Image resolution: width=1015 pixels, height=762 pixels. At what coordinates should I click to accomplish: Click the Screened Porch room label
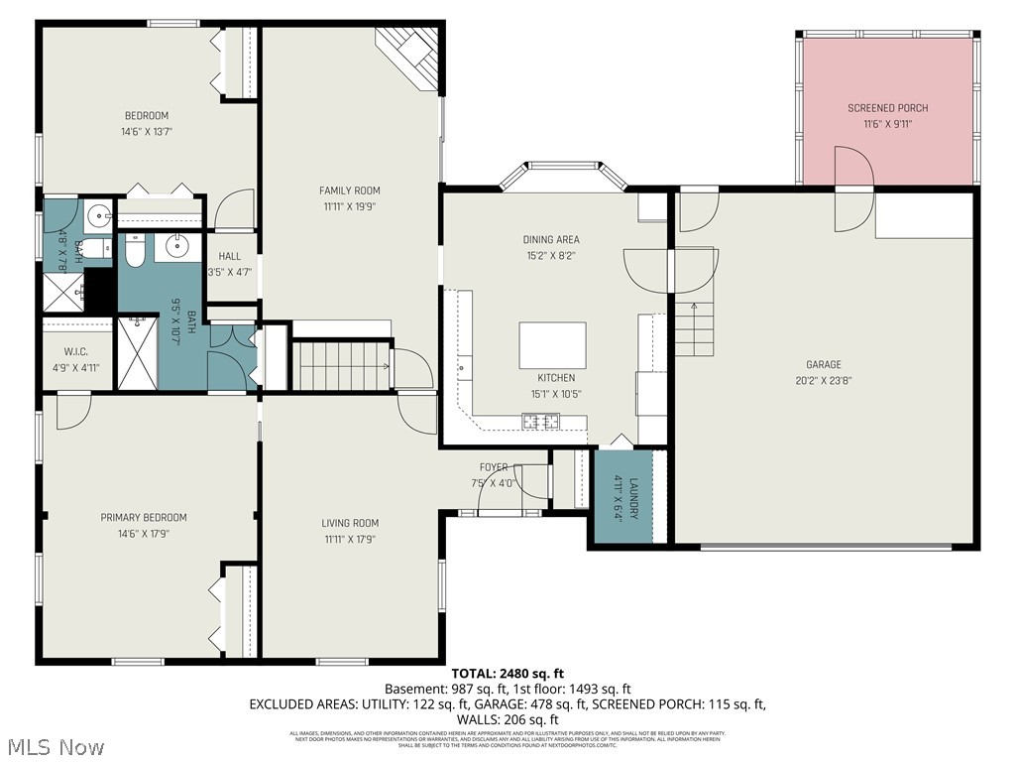(887, 108)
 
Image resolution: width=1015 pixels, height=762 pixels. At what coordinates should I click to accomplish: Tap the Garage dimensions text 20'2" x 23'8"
(823, 381)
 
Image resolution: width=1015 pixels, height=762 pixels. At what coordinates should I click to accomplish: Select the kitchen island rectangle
(552, 345)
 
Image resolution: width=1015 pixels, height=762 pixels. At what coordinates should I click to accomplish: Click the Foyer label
(494, 467)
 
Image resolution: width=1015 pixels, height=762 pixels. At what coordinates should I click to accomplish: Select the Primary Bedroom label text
(143, 517)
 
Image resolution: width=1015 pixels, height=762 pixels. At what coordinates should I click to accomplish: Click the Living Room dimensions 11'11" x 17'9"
(349, 540)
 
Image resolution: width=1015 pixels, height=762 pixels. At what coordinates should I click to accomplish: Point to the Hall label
(230, 256)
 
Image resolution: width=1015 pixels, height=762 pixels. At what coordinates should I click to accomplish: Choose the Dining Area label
(551, 239)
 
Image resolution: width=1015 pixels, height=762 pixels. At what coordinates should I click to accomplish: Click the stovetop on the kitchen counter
(542, 423)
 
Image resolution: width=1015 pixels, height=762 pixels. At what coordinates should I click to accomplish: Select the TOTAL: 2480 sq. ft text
(507, 674)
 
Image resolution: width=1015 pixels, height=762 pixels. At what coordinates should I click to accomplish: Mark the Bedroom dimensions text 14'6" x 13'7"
(146, 132)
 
